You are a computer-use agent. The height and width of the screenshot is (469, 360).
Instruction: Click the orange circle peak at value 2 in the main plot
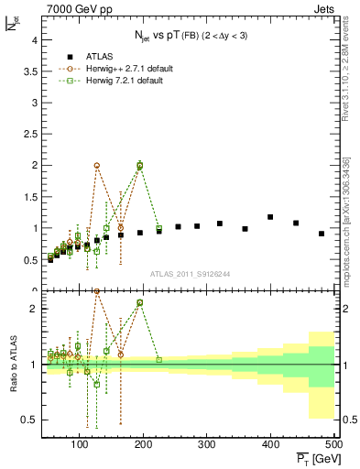tap(97, 166)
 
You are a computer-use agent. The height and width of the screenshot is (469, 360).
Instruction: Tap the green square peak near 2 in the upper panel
tap(139, 166)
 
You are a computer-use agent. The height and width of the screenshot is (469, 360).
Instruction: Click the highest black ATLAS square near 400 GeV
tap(270, 217)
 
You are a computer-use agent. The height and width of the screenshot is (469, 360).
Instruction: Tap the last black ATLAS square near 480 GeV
tap(322, 234)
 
